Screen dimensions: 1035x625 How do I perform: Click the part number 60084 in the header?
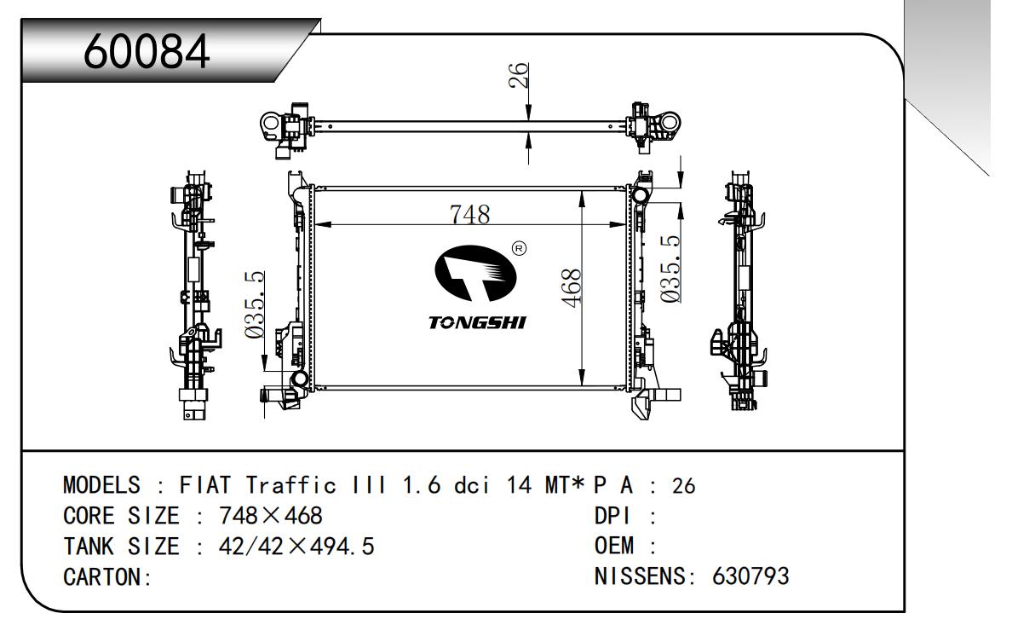coord(147,52)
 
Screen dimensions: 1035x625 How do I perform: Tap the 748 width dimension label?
coord(469,214)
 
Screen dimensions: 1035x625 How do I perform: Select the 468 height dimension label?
coord(571,287)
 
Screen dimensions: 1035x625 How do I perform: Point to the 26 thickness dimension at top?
coord(519,75)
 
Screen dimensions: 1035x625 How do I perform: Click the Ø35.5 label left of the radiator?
coord(255,305)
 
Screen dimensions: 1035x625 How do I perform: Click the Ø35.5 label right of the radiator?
coord(670,269)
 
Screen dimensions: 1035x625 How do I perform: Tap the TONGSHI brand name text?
coord(477,322)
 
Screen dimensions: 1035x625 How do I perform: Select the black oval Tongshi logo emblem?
coord(475,274)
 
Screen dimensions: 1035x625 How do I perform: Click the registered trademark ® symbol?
coord(520,248)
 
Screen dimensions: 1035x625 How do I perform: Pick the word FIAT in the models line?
coord(204,485)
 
